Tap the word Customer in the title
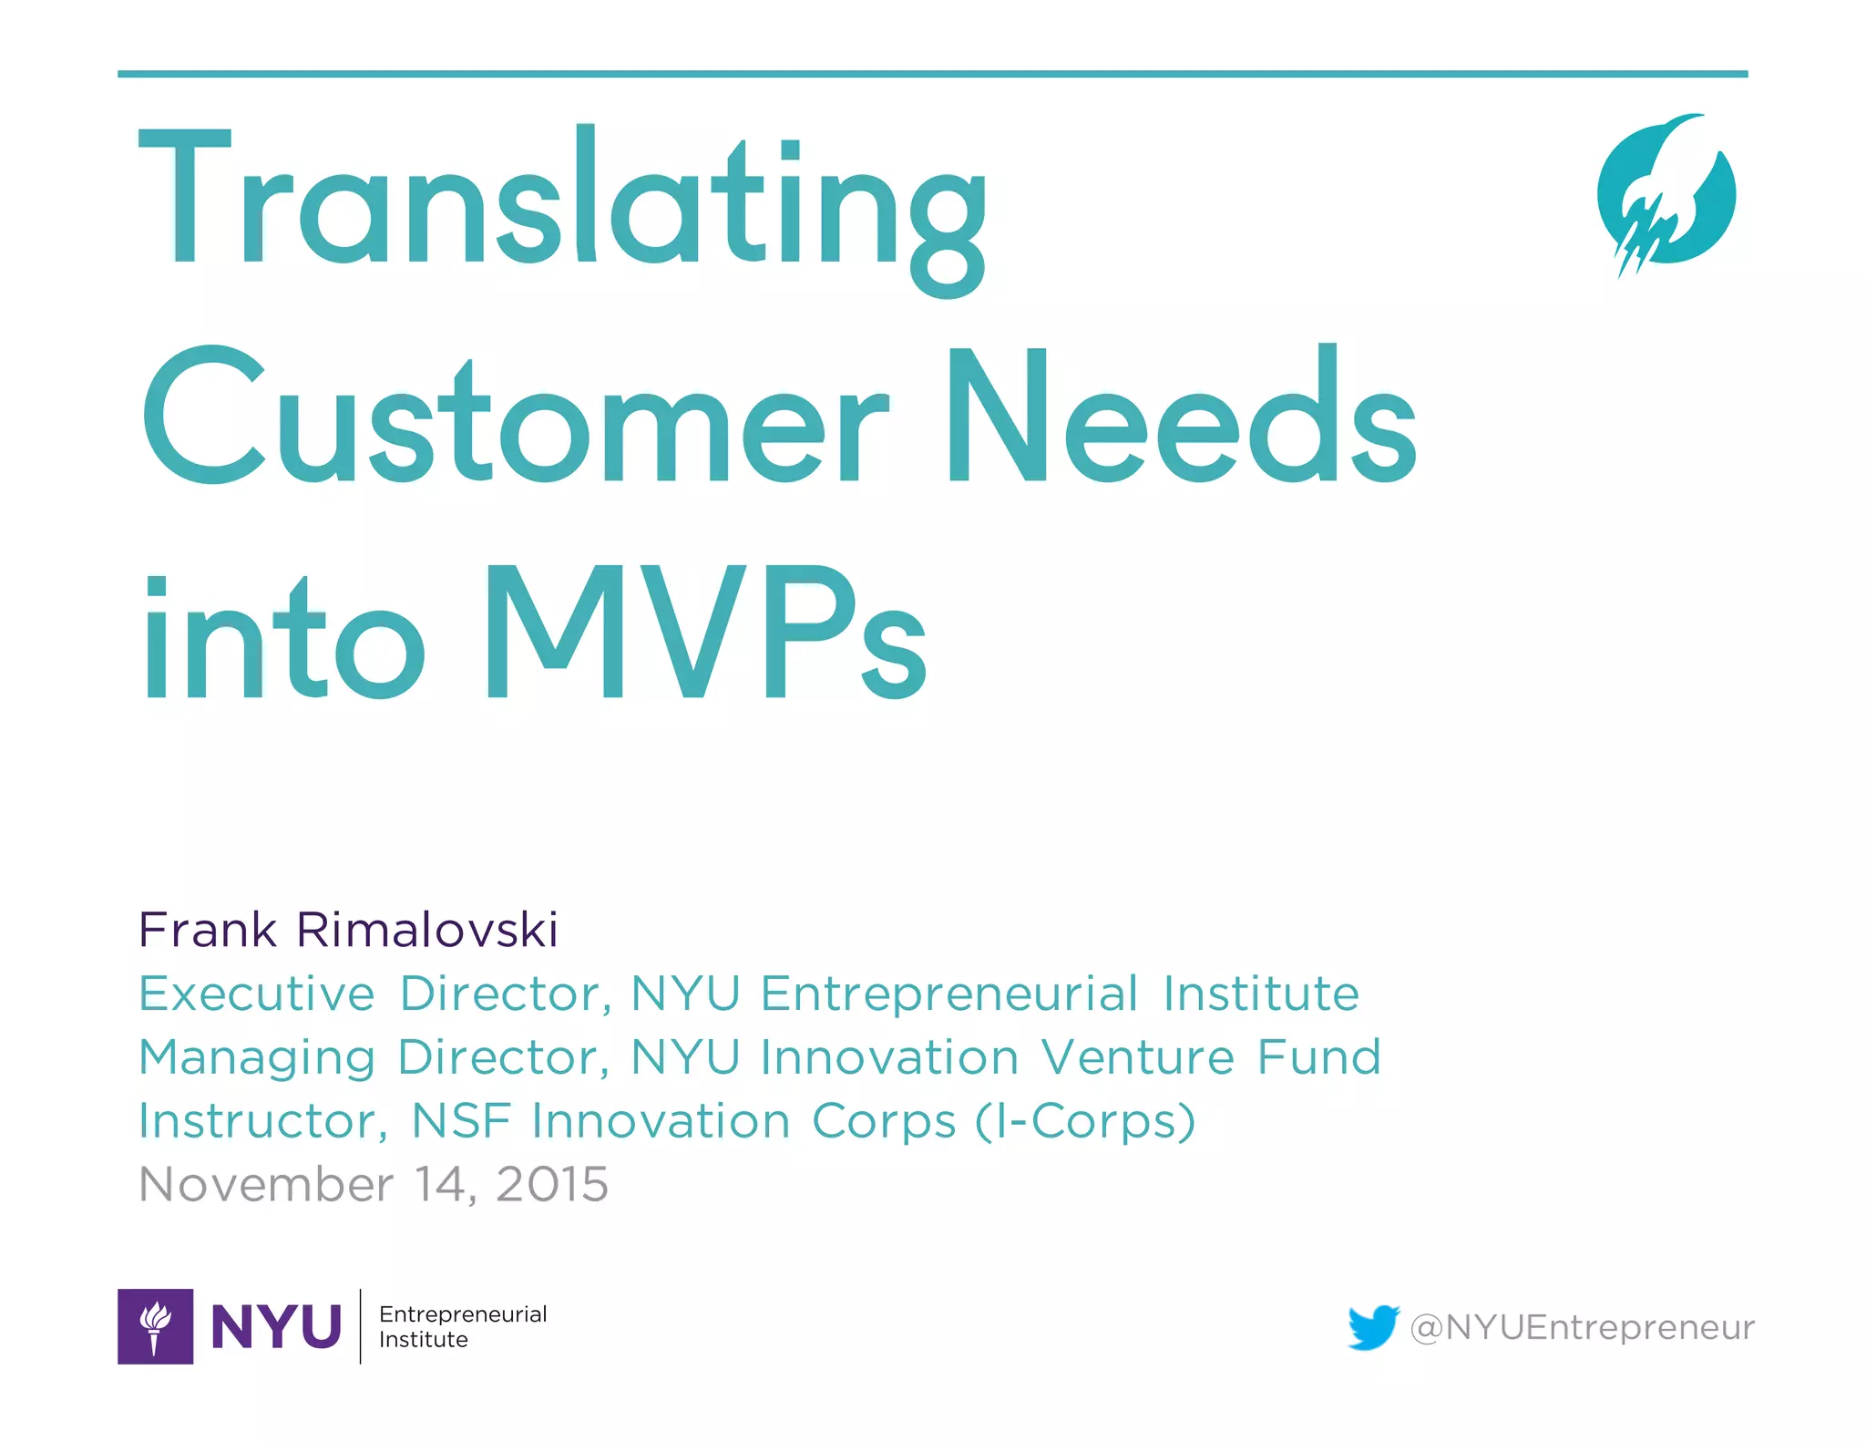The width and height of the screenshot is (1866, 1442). pyautogui.click(x=515, y=419)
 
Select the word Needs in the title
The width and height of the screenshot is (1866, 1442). pyautogui.click(x=1181, y=419)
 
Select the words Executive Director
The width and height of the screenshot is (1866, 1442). pyautogui.click(x=374, y=994)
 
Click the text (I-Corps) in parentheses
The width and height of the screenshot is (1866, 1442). pyautogui.click(x=1085, y=1121)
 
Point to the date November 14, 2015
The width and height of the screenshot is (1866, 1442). pyautogui.click(x=374, y=1185)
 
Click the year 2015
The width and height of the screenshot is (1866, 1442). pyautogui.click(x=552, y=1185)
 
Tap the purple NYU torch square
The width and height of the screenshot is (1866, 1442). pyautogui.click(x=155, y=1326)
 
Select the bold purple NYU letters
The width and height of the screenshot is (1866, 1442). pyautogui.click(x=276, y=1326)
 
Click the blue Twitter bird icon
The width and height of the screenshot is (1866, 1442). pyautogui.click(x=1373, y=1327)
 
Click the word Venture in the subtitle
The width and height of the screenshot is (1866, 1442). pyautogui.click(x=1137, y=1057)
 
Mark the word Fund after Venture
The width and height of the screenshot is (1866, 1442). pyautogui.click(x=1318, y=1057)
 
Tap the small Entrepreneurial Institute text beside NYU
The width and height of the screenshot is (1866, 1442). pyautogui.click(x=463, y=1326)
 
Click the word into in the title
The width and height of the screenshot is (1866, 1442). pyautogui.click(x=282, y=638)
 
